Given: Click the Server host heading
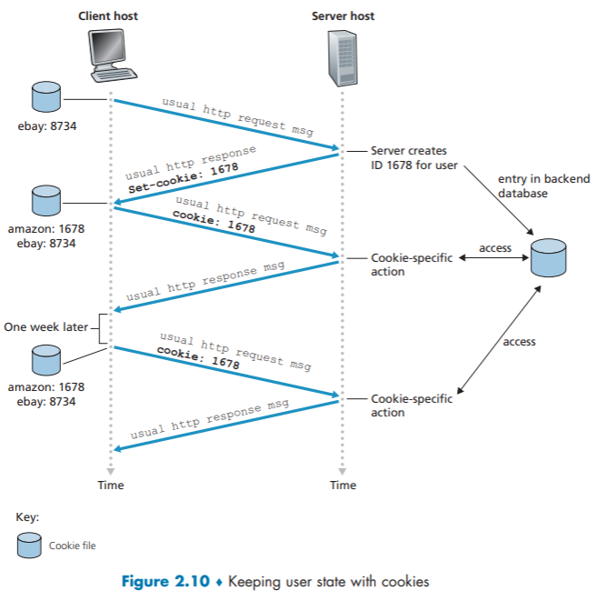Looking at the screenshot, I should click(x=343, y=16).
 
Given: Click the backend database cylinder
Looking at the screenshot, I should click(x=548, y=257).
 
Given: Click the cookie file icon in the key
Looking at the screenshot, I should click(x=30, y=544).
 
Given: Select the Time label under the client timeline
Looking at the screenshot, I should click(x=111, y=485).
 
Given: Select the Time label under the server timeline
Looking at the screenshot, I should click(x=343, y=485).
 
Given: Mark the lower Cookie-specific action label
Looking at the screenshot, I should click(x=412, y=405).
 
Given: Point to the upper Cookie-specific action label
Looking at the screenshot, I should click(x=412, y=265).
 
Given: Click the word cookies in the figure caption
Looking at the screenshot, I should click(x=403, y=582).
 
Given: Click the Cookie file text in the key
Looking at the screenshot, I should click(x=73, y=546).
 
